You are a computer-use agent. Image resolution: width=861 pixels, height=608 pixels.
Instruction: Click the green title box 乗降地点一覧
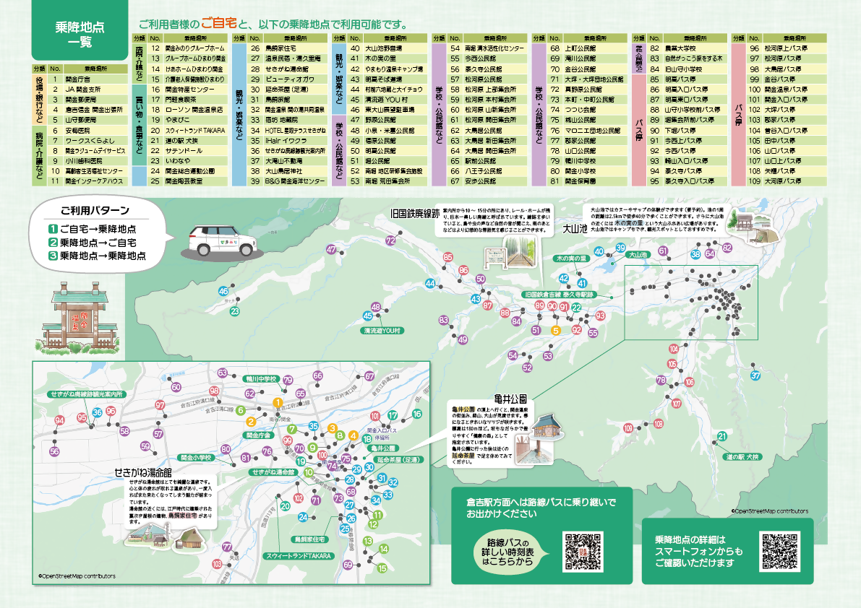click(x=79, y=34)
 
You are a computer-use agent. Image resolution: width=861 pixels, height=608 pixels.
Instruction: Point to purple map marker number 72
click(x=391, y=240)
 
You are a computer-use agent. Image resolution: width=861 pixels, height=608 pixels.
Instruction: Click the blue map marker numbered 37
click(x=756, y=375)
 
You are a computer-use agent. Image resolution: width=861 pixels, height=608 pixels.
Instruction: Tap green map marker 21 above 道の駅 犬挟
click(x=722, y=435)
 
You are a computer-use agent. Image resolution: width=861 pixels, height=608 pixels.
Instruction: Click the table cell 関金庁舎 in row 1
click(x=77, y=78)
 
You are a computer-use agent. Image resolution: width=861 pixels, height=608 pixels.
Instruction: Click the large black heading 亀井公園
click(x=510, y=398)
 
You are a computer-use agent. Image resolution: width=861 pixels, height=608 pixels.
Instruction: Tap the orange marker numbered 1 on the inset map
click(x=277, y=402)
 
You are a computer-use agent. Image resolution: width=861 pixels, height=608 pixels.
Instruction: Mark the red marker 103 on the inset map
click(x=217, y=563)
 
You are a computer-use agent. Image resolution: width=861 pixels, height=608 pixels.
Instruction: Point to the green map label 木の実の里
click(x=571, y=258)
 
